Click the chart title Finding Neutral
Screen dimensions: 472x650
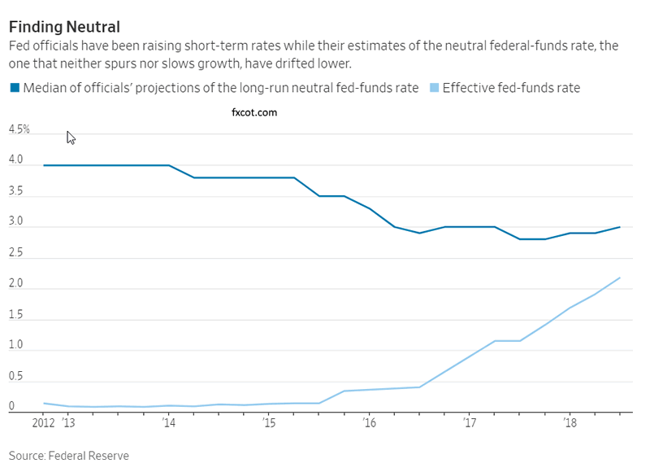[x=64, y=26]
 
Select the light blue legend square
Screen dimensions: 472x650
[x=433, y=88]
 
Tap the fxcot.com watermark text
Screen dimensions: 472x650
[x=254, y=112]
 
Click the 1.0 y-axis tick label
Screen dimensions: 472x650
[x=15, y=345]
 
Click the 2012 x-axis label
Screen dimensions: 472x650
[x=44, y=423]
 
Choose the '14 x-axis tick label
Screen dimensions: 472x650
[x=168, y=423]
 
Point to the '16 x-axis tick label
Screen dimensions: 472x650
[x=370, y=423]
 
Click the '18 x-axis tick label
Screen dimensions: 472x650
[x=570, y=423]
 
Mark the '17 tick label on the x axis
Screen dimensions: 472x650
[x=470, y=423]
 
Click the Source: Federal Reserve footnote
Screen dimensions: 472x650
[x=69, y=456]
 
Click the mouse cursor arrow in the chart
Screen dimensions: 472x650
[x=71, y=138]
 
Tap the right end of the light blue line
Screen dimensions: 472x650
[x=621, y=278]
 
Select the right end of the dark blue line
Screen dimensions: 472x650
[x=621, y=227]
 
